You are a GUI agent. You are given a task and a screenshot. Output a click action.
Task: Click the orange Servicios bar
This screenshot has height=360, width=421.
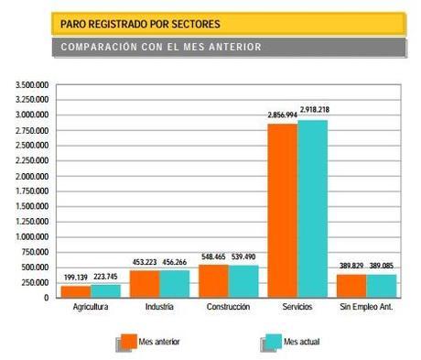[282, 210]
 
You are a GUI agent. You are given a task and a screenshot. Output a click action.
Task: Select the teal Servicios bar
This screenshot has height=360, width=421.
[312, 208]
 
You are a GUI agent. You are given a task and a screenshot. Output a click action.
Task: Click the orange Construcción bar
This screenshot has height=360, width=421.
[213, 280]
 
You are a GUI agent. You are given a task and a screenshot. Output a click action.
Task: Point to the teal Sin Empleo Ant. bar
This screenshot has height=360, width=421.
[380, 286]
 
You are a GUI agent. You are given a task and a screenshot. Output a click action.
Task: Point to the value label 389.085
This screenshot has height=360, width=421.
[383, 266]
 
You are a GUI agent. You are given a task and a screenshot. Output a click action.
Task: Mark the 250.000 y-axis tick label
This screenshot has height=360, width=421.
[35, 281]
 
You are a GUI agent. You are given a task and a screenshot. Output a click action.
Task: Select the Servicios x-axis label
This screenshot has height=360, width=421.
[297, 307]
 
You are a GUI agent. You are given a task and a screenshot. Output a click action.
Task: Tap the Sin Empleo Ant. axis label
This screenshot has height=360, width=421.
[365, 307]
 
